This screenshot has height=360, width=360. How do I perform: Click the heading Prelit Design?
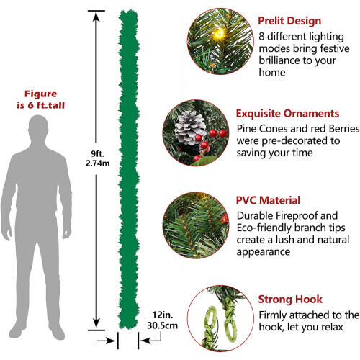click(289, 21)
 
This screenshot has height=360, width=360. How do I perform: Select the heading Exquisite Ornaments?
click(287, 113)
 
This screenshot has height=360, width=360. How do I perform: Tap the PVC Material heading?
click(268, 200)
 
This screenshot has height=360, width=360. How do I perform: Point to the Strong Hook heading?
click(290, 300)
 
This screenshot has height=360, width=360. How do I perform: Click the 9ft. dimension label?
click(97, 153)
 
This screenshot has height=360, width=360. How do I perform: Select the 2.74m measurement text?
click(98, 163)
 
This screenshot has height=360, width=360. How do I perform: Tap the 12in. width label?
click(163, 315)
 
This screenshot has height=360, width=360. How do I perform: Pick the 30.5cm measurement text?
click(163, 325)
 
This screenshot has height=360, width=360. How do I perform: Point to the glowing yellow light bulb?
click(219, 34)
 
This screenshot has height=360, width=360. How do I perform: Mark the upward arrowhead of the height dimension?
click(96, 17)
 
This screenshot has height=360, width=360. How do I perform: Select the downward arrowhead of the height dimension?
click(96, 324)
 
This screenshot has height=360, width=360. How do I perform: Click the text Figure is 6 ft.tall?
click(41, 99)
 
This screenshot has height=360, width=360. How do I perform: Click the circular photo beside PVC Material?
click(196, 225)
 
